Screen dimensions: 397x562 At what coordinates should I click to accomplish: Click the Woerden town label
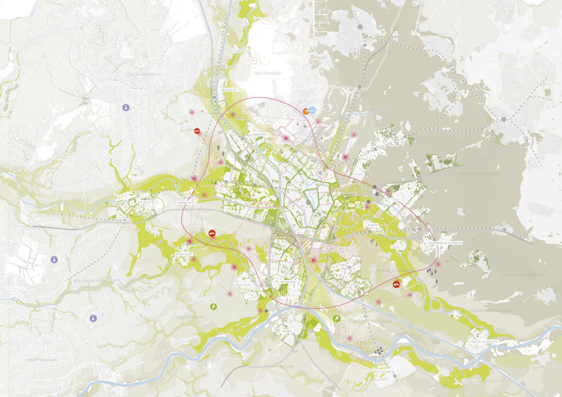[144, 202]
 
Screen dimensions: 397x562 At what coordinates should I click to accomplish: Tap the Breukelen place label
[229, 90]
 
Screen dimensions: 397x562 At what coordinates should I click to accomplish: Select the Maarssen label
[260, 135]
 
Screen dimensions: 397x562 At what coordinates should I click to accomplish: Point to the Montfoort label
[184, 255]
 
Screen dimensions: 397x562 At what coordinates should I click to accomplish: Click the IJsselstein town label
[242, 285]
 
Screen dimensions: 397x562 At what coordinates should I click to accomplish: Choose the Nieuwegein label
[287, 282]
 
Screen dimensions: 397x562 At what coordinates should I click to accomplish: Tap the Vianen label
[287, 331]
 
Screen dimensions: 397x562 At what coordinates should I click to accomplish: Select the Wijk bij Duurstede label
[484, 341]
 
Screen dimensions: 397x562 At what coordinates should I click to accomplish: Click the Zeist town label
[396, 200]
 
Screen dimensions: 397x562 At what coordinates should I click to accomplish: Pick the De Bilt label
[359, 174]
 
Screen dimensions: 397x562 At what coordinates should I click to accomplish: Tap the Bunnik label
[373, 225]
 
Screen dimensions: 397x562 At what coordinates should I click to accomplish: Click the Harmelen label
[184, 202]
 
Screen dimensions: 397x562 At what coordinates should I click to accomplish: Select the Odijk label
[395, 247]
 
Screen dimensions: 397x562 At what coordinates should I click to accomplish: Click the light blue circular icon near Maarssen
[313, 110]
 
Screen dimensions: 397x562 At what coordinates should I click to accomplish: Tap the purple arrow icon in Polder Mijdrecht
[126, 107]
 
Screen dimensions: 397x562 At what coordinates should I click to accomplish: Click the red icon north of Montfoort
[212, 233]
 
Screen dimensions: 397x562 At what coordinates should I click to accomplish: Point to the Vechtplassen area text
[267, 73]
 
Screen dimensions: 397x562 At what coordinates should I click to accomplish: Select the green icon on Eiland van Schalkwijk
[337, 319]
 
